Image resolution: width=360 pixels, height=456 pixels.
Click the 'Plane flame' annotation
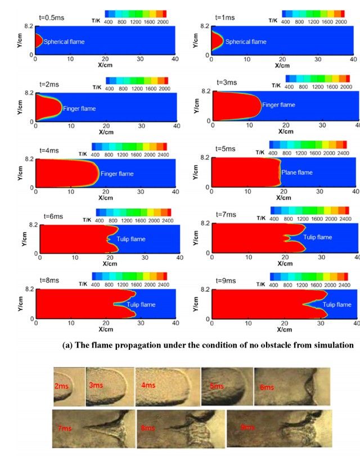point(296,173)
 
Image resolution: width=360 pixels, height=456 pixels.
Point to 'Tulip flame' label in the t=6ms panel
point(131,239)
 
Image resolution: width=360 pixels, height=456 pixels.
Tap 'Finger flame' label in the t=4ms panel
point(117,174)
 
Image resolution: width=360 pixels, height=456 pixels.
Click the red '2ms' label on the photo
point(62,386)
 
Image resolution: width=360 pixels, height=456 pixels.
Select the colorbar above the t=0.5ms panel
point(136,13)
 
